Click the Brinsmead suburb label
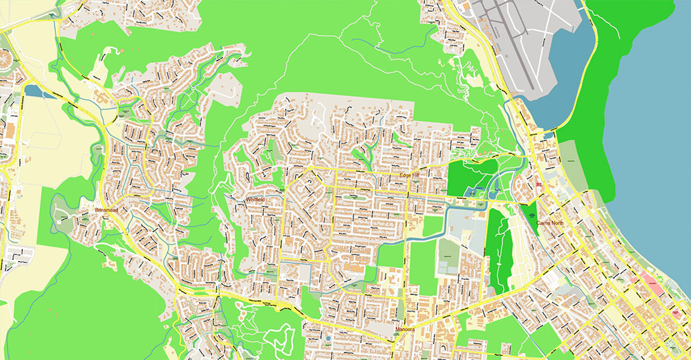[108, 209]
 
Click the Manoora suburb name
[404, 330]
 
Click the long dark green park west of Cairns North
[499, 242]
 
